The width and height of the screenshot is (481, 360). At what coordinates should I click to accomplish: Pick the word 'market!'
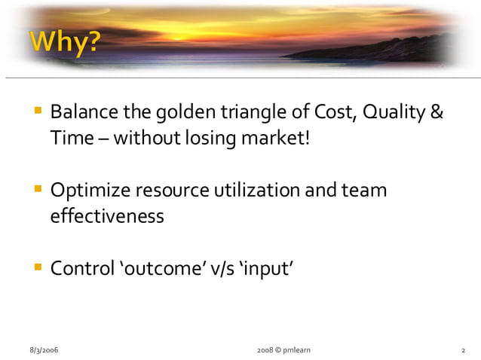point(276,139)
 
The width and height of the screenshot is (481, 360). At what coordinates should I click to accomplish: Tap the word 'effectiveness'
point(106,215)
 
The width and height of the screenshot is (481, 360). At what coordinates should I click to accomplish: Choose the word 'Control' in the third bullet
point(81,267)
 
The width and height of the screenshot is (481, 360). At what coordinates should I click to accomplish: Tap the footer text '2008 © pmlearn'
point(283,350)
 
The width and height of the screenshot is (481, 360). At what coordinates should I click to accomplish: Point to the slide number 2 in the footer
point(463,350)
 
